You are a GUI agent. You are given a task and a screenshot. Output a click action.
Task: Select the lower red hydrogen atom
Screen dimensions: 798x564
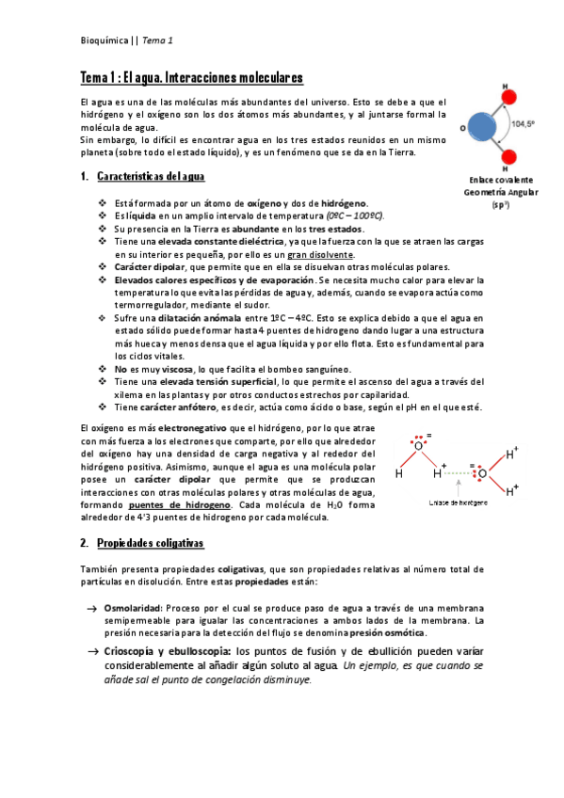click(x=506, y=156)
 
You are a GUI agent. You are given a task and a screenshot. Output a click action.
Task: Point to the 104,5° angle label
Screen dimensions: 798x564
click(x=523, y=122)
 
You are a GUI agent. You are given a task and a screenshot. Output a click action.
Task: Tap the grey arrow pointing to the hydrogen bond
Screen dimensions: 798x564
click(x=457, y=485)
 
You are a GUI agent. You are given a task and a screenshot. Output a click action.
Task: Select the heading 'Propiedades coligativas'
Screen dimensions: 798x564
click(x=150, y=544)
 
